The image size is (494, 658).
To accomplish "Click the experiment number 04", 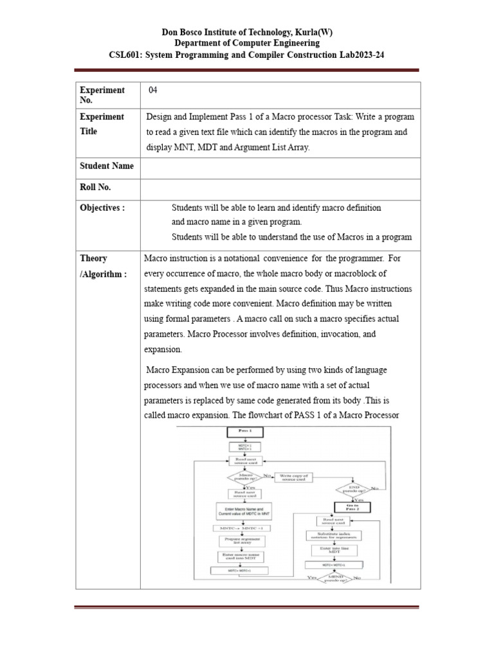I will [x=152, y=90].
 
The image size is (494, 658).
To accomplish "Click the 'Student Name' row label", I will [x=107, y=166].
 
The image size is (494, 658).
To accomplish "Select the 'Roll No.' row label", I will [x=95, y=187].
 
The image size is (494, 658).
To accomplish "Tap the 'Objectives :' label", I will [x=102, y=208].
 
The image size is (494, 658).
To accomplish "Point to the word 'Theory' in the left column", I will [x=94, y=258].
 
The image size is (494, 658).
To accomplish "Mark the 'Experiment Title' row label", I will [x=102, y=123].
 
